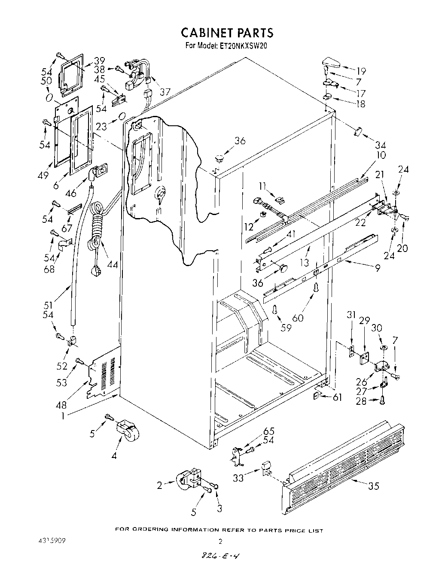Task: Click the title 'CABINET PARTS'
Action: (x=226, y=33)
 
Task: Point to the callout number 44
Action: (x=113, y=265)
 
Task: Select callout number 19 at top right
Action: (x=361, y=71)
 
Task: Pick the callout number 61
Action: (x=337, y=397)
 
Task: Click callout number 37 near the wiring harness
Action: (x=165, y=92)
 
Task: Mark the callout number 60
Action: (x=298, y=318)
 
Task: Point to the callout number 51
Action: (x=48, y=305)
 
